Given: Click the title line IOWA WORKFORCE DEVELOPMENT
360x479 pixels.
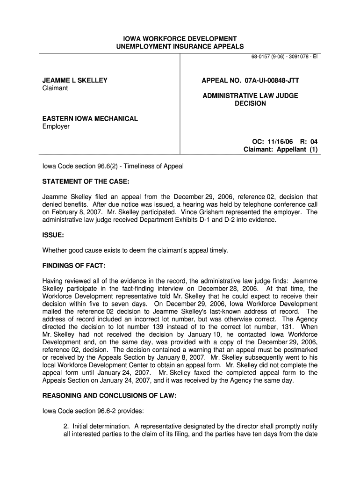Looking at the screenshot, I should click(180, 38).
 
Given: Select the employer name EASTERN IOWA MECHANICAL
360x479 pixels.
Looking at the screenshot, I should click(90, 118).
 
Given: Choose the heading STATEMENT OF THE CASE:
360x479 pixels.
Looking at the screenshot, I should click(86, 181).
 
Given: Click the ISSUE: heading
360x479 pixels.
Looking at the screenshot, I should click(53, 235).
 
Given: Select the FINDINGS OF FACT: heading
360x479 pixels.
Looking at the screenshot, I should click(74, 266).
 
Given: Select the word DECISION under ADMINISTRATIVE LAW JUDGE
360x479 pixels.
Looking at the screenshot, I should click(250, 103).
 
